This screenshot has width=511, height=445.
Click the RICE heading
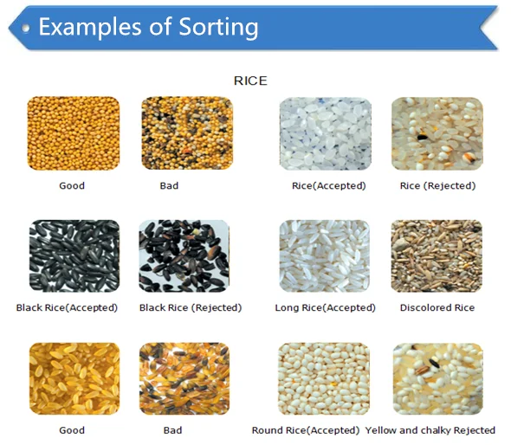(x=250, y=81)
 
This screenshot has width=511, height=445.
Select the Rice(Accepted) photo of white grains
(x=323, y=133)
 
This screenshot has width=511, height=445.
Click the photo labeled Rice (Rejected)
(x=437, y=133)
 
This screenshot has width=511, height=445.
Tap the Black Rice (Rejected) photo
(x=184, y=256)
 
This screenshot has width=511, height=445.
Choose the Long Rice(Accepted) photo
(x=325, y=256)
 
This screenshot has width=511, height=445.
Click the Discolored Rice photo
(x=437, y=256)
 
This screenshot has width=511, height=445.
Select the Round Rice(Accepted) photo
(x=324, y=378)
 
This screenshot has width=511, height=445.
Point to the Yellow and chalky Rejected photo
(x=437, y=378)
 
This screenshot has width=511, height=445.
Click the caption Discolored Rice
(x=437, y=307)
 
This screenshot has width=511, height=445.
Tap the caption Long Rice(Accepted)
(x=325, y=307)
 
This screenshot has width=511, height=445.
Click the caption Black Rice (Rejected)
(x=191, y=307)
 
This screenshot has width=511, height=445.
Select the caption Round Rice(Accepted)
(x=305, y=430)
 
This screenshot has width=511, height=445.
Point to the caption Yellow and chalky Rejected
(x=430, y=430)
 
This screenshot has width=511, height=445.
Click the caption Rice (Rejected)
(x=437, y=185)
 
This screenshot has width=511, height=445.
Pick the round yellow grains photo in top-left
(x=73, y=133)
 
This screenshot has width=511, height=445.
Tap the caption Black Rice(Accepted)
(x=67, y=307)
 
